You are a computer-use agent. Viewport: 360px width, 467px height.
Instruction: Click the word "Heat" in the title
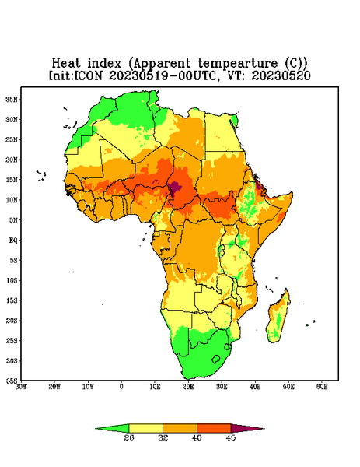(x=66, y=63)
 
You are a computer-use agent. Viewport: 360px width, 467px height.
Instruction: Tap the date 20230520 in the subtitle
(x=281, y=75)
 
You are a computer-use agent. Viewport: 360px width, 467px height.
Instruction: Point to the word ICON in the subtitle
(x=88, y=75)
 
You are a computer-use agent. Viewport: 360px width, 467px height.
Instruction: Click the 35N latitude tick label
(x=12, y=99)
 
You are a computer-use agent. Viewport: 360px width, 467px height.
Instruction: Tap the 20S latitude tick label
(x=12, y=321)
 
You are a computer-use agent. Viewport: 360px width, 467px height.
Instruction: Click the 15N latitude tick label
(x=12, y=180)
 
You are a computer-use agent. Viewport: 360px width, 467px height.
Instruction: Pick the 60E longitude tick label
(x=322, y=387)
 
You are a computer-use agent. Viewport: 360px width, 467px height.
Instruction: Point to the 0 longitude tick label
(x=121, y=387)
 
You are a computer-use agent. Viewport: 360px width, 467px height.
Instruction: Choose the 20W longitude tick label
(x=54, y=387)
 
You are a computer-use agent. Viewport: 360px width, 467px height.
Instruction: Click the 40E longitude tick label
(x=255, y=387)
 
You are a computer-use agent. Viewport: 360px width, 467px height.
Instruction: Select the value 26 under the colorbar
(x=129, y=437)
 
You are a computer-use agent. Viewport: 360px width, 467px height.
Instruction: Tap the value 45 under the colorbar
(x=231, y=437)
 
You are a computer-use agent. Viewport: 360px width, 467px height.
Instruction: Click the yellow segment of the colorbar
(x=145, y=428)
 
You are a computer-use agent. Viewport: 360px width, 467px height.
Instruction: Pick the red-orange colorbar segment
(x=214, y=428)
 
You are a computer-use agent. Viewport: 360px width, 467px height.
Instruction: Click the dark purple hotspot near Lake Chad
(x=174, y=187)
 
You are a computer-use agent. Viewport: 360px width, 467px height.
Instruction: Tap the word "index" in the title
(x=105, y=63)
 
